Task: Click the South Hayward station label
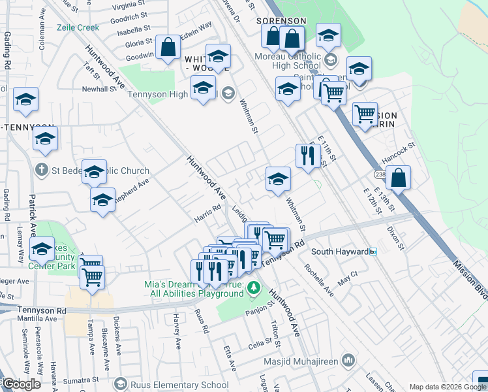339,252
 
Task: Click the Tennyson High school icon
228,93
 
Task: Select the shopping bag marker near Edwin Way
168,47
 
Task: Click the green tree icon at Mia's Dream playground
254,287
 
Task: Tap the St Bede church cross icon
41,171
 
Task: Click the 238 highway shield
381,174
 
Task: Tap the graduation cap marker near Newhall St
25,99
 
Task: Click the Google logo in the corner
22,384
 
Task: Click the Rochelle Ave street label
319,280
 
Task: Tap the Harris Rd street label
209,214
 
